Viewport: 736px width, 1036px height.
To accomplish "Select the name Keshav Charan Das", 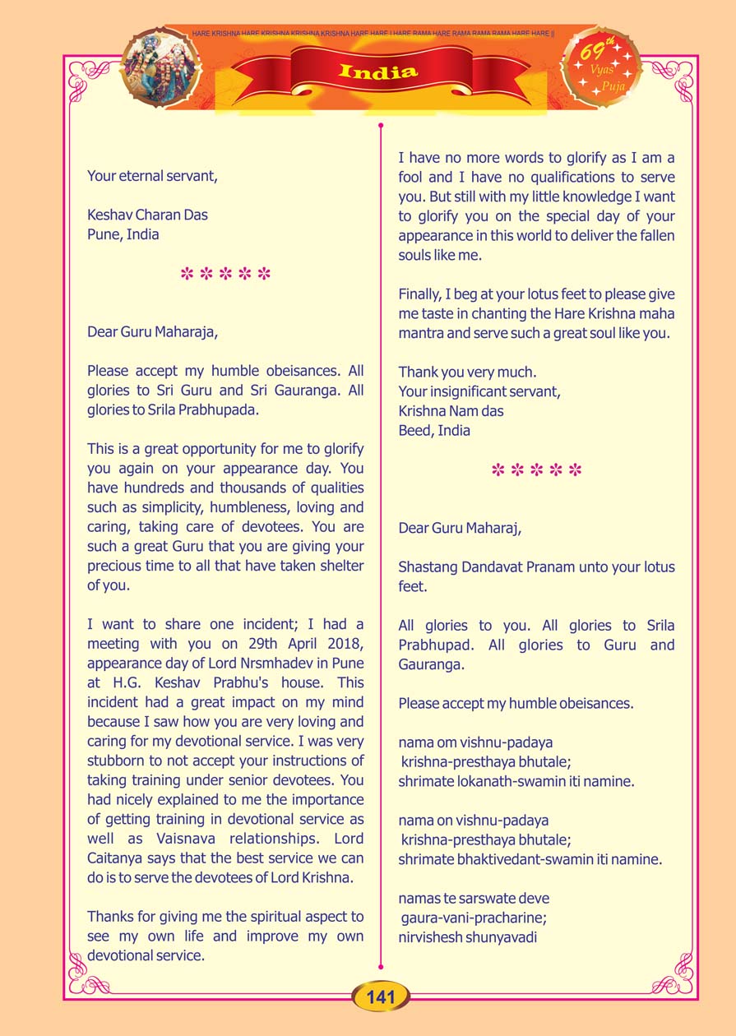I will point(147,215).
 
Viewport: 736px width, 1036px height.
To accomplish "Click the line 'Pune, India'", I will point(123,234).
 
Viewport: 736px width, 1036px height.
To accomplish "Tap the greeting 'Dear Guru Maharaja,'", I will point(153,332).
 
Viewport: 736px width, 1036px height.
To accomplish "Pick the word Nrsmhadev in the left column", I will point(263,664).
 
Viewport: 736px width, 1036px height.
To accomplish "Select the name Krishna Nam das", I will point(451,410).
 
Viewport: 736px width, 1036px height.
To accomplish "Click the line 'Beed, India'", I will point(434,430).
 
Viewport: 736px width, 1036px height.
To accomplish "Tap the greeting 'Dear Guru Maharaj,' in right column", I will point(460,528).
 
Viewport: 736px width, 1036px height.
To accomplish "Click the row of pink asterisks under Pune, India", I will point(225,274).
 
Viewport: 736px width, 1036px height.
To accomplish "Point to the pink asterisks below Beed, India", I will point(536,470).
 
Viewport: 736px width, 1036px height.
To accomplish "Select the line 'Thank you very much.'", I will point(467,372).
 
